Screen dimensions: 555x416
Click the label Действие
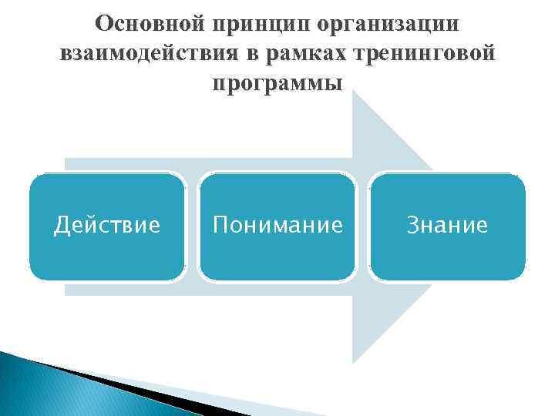tap(107, 225)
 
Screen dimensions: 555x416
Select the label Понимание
tap(277, 225)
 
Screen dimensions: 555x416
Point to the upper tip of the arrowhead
tap(354, 92)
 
